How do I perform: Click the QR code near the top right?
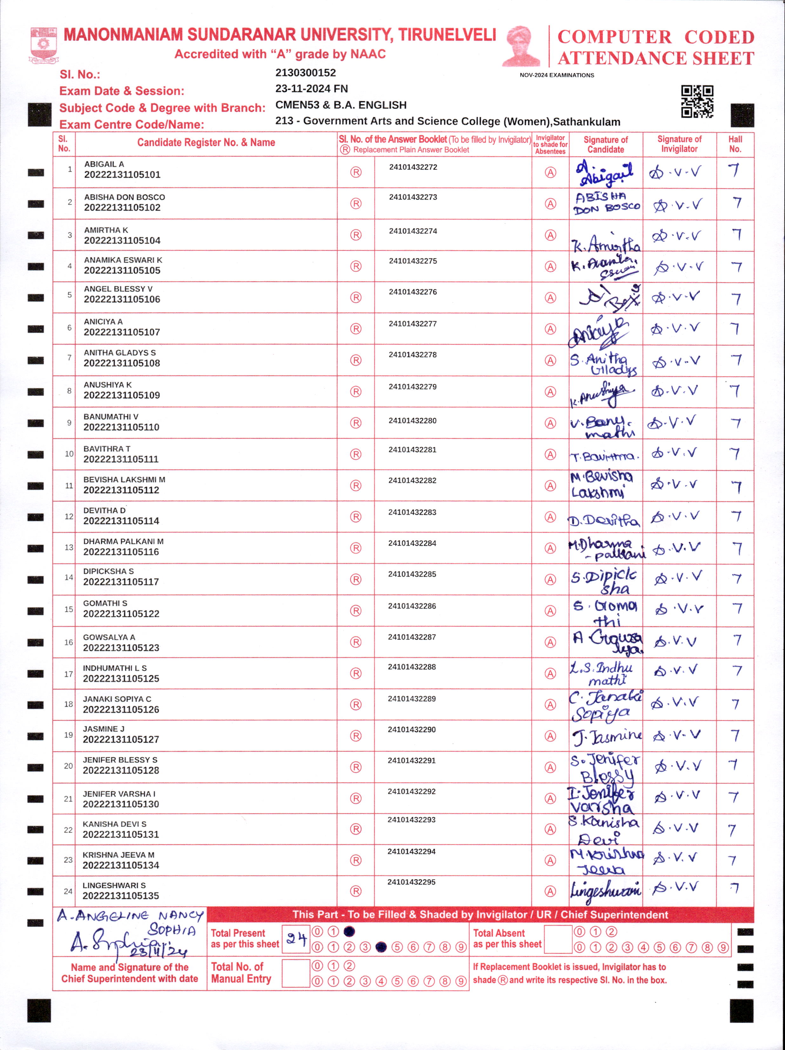[697, 101]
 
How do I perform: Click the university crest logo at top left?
[44, 45]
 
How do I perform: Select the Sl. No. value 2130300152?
[305, 73]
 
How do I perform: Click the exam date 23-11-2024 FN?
[312, 89]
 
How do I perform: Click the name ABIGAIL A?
[104, 164]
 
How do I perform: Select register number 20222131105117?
[121, 582]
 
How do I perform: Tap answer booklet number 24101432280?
[412, 421]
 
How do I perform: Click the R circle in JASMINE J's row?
[356, 736]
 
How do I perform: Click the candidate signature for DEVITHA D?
[604, 520]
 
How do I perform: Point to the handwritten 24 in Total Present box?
[296, 939]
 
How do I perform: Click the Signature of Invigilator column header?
[679, 144]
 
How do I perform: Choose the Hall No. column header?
[735, 144]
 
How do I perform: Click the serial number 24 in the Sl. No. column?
[68, 891]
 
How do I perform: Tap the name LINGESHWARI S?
[114, 885]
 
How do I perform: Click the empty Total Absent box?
[558, 939]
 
